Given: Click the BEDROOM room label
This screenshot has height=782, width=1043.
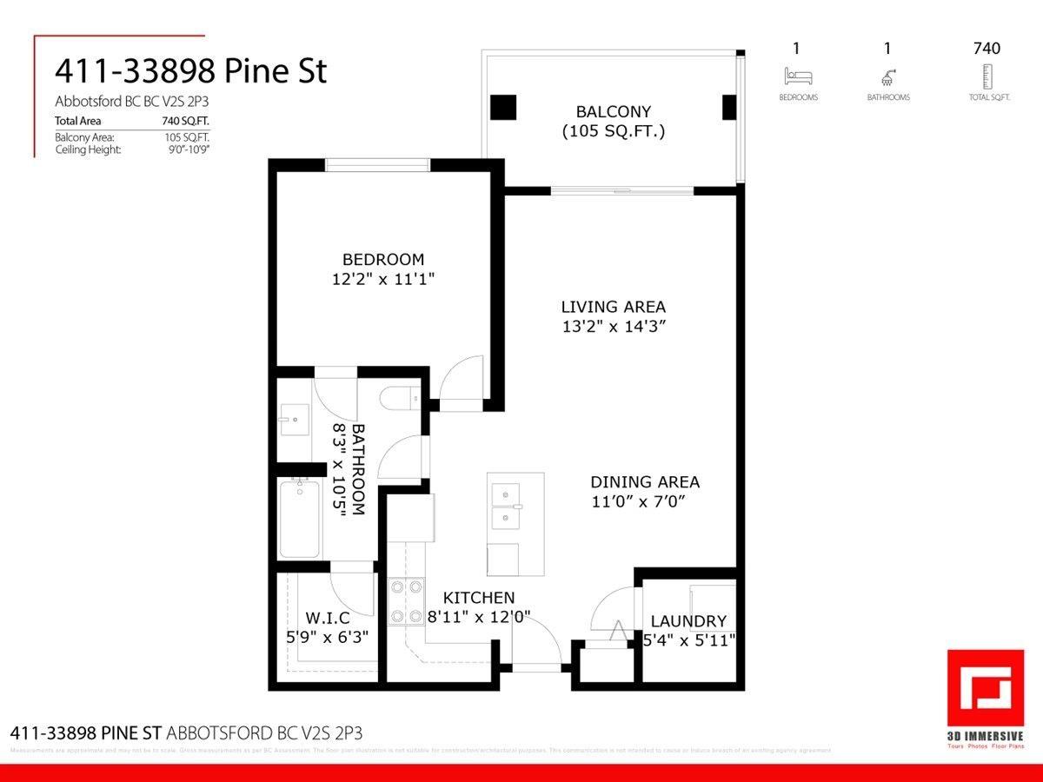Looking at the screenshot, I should (x=383, y=259).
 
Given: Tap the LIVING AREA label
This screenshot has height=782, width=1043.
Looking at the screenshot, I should (x=613, y=307).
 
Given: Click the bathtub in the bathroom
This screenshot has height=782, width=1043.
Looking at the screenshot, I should (x=299, y=519).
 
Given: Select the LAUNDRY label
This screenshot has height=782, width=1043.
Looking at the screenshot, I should (x=688, y=621).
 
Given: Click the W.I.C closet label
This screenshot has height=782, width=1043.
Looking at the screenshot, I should (x=328, y=619).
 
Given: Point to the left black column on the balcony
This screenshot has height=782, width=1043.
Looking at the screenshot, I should (x=503, y=107).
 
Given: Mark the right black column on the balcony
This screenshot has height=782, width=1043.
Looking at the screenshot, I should (x=728, y=107).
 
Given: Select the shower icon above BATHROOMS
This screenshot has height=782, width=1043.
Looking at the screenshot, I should (x=888, y=76).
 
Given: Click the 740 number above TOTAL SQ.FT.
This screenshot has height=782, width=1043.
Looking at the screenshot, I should (x=986, y=49).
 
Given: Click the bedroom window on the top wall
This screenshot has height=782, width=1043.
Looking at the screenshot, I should (x=377, y=165).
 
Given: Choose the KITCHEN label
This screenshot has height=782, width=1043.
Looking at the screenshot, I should (x=479, y=598).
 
